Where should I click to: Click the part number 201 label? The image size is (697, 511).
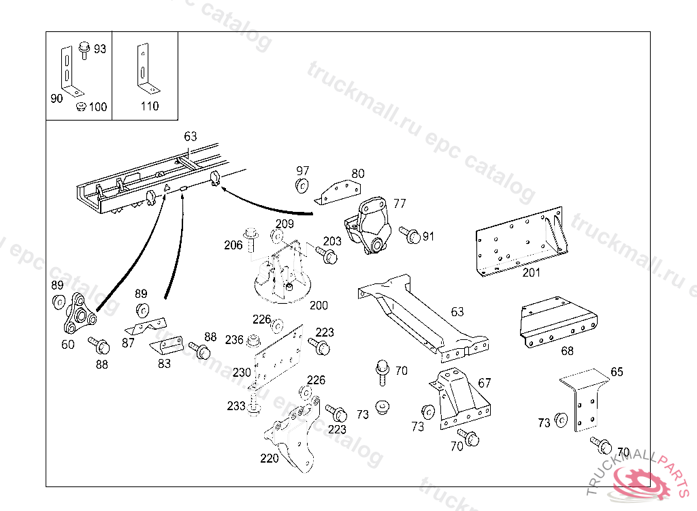pyautogui.click(x=531, y=273)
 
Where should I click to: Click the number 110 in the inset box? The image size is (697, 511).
pyautogui.click(x=149, y=106)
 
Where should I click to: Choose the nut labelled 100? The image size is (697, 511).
pyautogui.click(x=81, y=106)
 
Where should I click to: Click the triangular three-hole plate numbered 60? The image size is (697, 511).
pyautogui.click(x=76, y=313)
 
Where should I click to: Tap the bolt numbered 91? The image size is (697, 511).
pyautogui.click(x=410, y=236)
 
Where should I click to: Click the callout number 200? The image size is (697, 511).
pyautogui.click(x=318, y=306)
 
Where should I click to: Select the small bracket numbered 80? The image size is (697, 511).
pyautogui.click(x=338, y=190)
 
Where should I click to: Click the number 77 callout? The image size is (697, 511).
pyautogui.click(x=400, y=203)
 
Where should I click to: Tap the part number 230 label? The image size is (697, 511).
pyautogui.click(x=242, y=373)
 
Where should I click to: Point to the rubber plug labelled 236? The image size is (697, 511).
pyautogui.click(x=255, y=339)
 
